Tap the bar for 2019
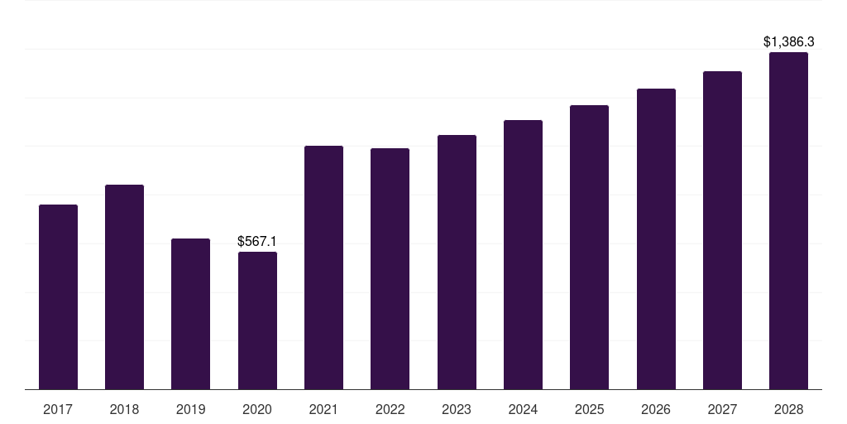190,314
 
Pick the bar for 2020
257,320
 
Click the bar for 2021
323,267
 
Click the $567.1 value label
257,241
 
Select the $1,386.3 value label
788,41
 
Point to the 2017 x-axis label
58,409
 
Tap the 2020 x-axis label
257,409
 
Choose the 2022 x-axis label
390,409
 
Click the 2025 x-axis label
589,409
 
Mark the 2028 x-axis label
788,409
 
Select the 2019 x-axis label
190,409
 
